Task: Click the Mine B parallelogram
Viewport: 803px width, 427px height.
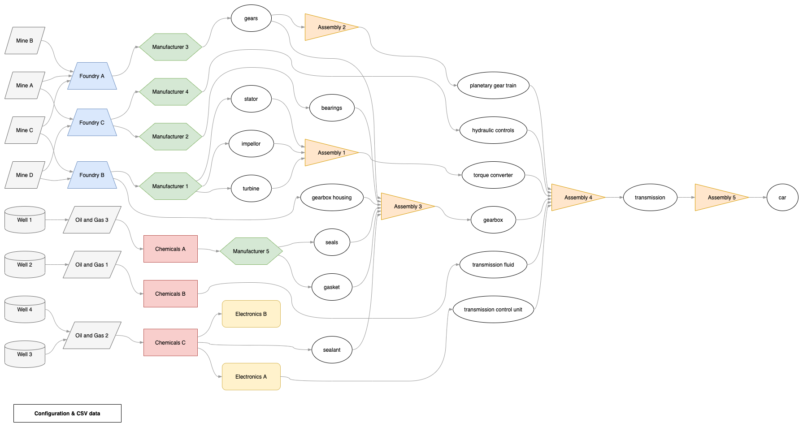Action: tap(25, 41)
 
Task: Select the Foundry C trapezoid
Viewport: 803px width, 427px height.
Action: tap(92, 122)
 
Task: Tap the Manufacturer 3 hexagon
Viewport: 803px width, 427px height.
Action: tap(170, 47)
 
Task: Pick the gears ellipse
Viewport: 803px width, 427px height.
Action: tap(251, 18)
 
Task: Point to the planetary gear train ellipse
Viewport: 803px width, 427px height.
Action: tap(493, 86)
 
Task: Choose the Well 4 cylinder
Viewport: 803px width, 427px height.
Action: tap(25, 310)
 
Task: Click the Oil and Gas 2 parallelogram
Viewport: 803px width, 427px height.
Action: tap(92, 336)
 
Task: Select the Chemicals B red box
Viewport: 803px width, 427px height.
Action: tap(170, 294)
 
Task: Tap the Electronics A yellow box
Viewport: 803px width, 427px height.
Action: tap(251, 377)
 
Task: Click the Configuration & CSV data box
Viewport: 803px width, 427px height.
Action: tap(67, 413)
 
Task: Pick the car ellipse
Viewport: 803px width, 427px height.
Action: tap(782, 198)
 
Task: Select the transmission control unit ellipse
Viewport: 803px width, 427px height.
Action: tap(493, 310)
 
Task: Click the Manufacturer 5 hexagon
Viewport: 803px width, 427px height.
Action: tap(251, 251)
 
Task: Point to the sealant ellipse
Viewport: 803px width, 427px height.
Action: tap(332, 350)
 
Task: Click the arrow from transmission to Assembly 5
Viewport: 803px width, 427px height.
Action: tap(686, 198)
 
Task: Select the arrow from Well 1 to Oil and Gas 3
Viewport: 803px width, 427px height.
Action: tap(56, 220)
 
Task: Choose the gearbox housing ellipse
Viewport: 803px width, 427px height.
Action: tap(332, 198)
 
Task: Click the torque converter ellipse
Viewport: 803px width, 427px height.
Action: tap(493, 175)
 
